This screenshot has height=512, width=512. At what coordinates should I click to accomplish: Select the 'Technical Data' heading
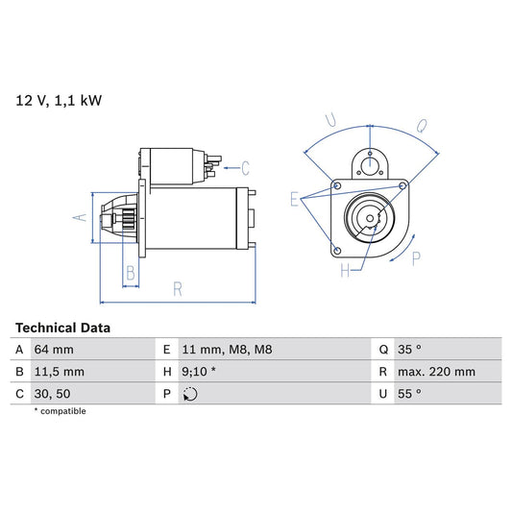pyautogui.click(x=62, y=328)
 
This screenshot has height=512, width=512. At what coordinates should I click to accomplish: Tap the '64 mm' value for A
pyautogui.click(x=55, y=351)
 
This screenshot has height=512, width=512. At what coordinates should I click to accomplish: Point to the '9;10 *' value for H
pyautogui.click(x=199, y=372)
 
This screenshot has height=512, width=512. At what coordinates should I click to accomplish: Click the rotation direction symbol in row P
pyautogui.click(x=189, y=393)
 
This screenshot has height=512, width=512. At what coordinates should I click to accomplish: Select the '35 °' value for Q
pyautogui.click(x=409, y=351)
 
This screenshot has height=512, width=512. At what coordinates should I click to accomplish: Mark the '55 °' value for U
pyautogui.click(x=409, y=393)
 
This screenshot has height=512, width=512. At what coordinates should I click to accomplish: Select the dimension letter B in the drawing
pyautogui.click(x=131, y=273)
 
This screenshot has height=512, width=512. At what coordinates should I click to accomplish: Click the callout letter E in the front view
pyautogui.click(x=294, y=199)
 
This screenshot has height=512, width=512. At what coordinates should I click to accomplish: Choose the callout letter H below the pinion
pyautogui.click(x=345, y=272)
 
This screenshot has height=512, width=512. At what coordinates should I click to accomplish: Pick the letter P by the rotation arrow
pyautogui.click(x=415, y=256)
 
